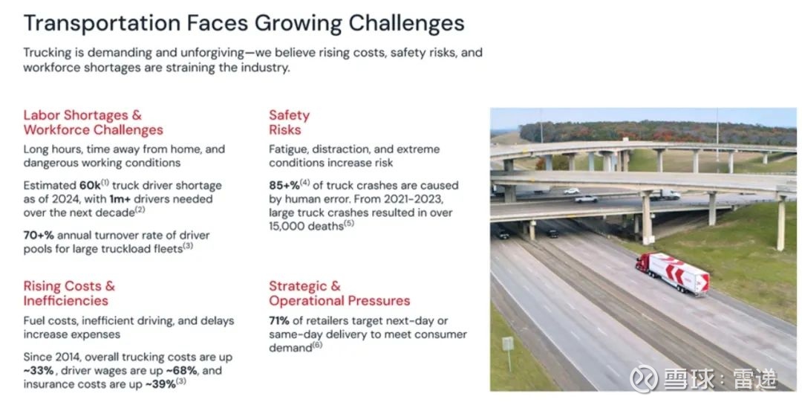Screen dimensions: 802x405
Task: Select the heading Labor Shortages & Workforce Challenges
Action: coord(93,123)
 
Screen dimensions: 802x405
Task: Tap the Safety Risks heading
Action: coord(290,123)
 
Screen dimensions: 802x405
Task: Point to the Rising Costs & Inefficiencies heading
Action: coord(69,294)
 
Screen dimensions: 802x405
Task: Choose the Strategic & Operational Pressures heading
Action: coord(339,294)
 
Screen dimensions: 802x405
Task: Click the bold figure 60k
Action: coord(90,185)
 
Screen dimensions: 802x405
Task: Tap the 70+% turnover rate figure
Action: coord(39,236)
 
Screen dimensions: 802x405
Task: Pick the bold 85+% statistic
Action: coord(284,185)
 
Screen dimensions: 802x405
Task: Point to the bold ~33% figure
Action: coord(39,370)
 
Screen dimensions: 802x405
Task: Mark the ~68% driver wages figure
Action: coord(181,370)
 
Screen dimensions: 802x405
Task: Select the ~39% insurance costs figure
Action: coord(160,384)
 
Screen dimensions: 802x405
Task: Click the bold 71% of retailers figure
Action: coord(279,321)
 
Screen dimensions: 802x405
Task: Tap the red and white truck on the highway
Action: coord(672,273)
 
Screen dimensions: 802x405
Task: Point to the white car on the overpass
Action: coord(586,198)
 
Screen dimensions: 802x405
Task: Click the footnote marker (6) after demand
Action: coord(317,345)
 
